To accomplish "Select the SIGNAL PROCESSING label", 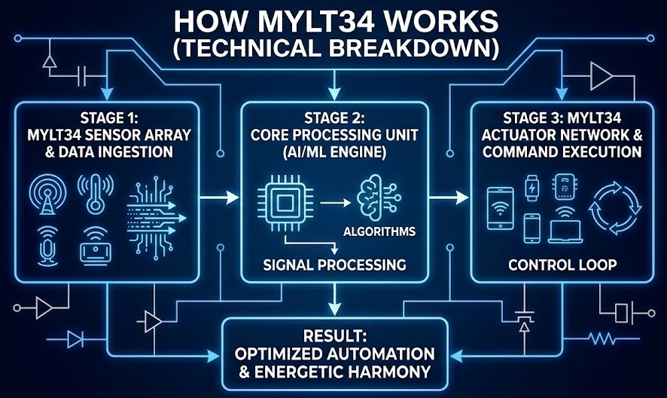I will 333,265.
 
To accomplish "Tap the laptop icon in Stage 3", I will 566,228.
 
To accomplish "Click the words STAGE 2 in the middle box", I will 334,118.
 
